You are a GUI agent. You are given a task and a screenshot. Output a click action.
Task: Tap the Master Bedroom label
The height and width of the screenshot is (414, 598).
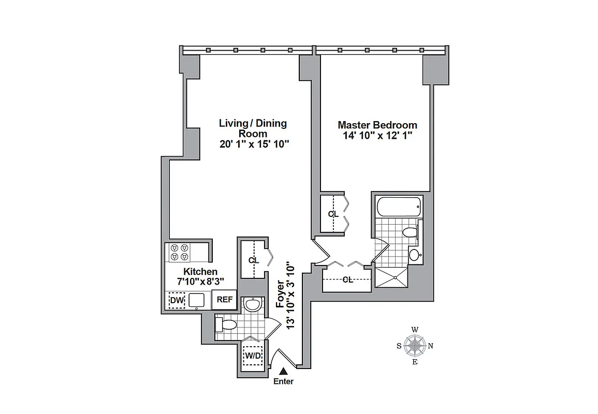377,125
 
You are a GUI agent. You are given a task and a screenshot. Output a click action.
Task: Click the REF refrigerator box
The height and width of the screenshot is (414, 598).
225,300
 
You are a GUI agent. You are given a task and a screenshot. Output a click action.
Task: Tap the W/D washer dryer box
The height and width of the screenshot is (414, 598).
253,356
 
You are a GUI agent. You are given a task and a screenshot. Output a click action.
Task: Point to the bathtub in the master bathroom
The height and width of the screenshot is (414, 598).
398,207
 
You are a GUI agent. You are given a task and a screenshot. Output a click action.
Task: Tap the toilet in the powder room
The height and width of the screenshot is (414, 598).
226,325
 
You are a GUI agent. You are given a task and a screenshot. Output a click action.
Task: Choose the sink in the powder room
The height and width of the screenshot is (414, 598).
253,305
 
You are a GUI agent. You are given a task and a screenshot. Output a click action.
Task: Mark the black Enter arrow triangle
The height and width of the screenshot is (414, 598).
283,371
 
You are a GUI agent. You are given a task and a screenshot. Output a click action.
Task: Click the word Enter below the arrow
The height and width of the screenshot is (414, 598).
283,382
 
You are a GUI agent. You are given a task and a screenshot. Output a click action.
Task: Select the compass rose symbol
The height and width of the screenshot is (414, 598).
415,346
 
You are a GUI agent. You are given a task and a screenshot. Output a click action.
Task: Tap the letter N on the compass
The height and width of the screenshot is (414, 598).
431,346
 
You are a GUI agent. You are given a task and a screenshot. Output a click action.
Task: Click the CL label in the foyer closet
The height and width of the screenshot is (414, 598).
253,260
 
